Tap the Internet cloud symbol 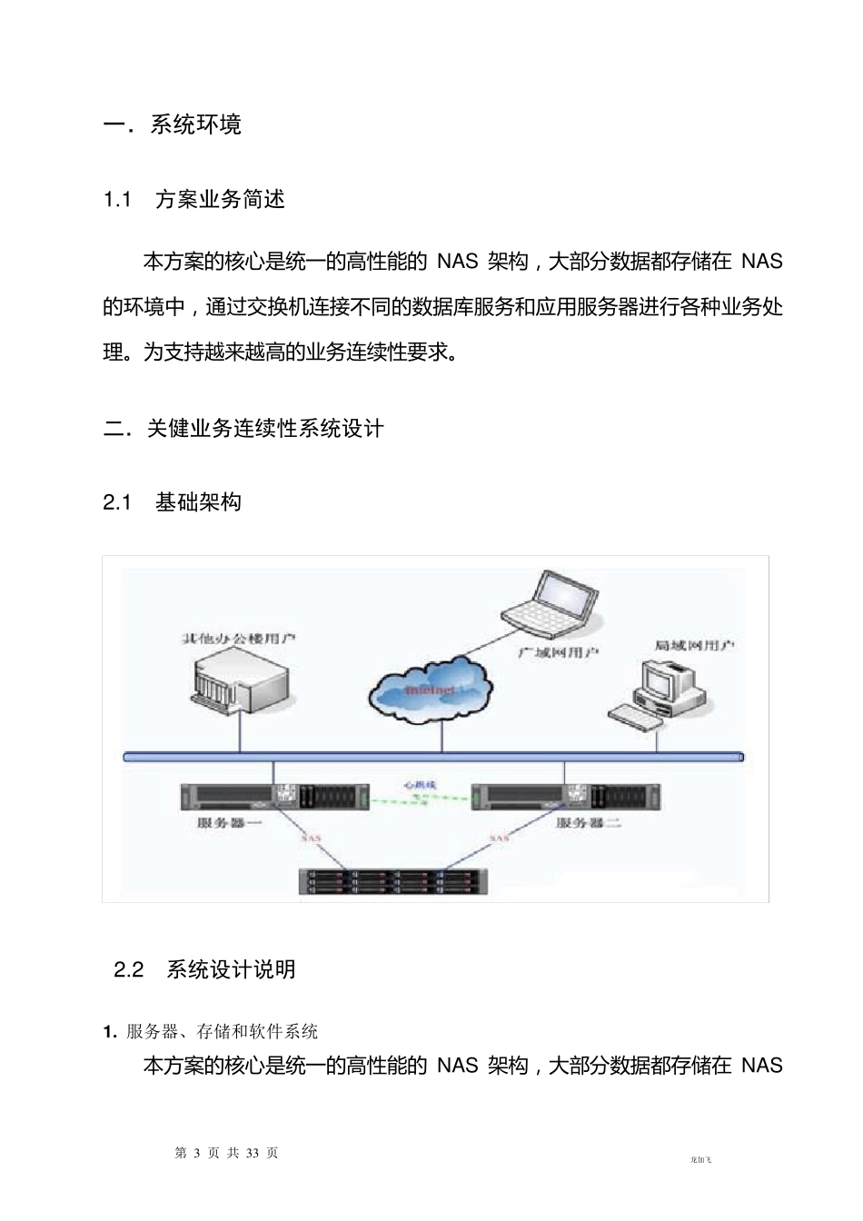pyautogui.click(x=431, y=691)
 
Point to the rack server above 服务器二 pyautogui.click(x=566, y=796)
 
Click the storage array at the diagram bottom pyautogui.click(x=393, y=881)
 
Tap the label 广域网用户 pyautogui.click(x=558, y=652)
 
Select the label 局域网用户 pyautogui.click(x=695, y=645)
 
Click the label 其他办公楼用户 pyautogui.click(x=238, y=639)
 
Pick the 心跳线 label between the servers pyautogui.click(x=421, y=782)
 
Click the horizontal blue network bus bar pyautogui.click(x=432, y=756)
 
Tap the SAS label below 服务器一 pyautogui.click(x=311, y=838)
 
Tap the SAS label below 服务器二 pyautogui.click(x=500, y=838)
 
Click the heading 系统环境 pyautogui.click(x=195, y=124)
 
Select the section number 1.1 pyautogui.click(x=118, y=200)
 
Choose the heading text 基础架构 pyautogui.click(x=198, y=501)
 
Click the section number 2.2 pyautogui.click(x=129, y=969)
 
